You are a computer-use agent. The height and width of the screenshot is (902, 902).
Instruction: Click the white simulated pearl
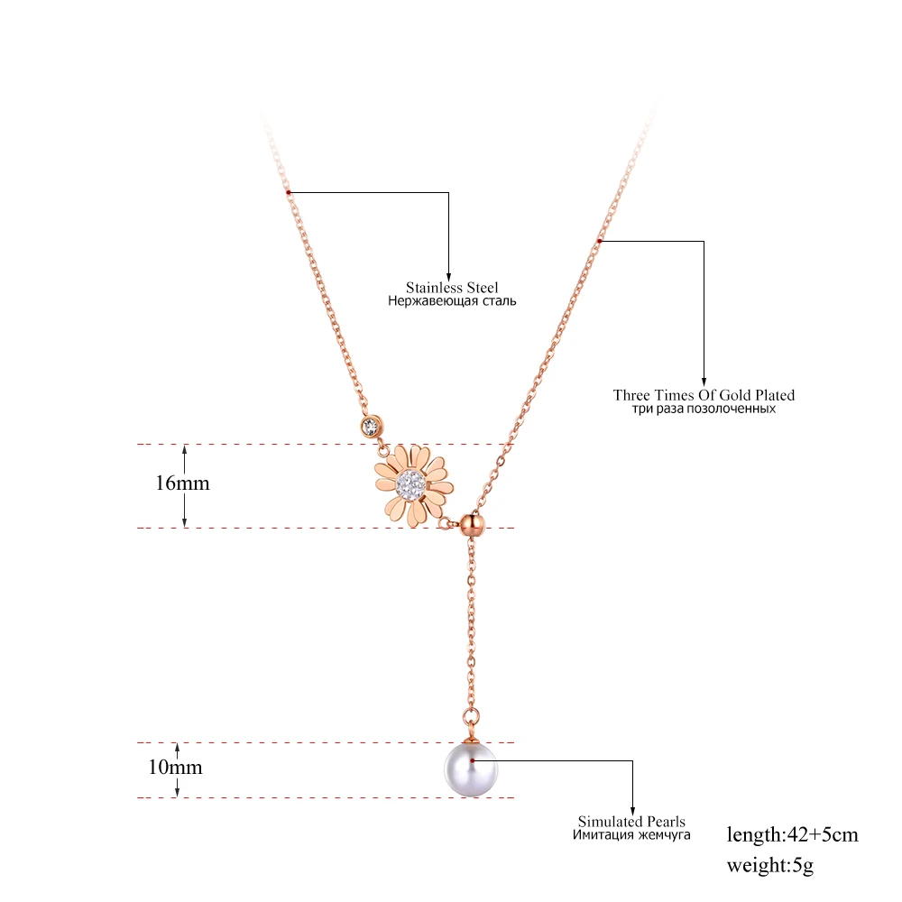point(471,769)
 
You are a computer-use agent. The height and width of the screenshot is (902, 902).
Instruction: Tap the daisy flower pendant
point(412,485)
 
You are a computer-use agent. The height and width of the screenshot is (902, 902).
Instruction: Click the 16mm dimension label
point(181,483)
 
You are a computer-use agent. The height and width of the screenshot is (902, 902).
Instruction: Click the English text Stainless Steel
point(452,288)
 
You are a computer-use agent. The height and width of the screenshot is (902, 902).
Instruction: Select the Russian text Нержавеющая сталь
point(452,301)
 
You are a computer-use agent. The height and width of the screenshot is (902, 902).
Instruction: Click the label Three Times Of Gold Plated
point(704,395)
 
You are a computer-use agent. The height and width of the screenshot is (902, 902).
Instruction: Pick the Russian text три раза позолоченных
point(704,409)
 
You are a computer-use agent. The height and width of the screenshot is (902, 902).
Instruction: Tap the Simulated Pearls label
point(631,822)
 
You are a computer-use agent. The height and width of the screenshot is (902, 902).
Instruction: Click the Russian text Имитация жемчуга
point(631,835)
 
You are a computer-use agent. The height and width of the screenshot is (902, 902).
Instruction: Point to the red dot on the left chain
point(288,192)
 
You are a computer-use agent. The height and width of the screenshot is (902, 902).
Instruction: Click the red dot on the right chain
point(600,240)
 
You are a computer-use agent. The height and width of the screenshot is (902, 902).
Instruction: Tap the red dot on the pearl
point(473,760)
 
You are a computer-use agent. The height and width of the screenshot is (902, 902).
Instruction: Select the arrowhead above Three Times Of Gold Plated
point(704,380)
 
